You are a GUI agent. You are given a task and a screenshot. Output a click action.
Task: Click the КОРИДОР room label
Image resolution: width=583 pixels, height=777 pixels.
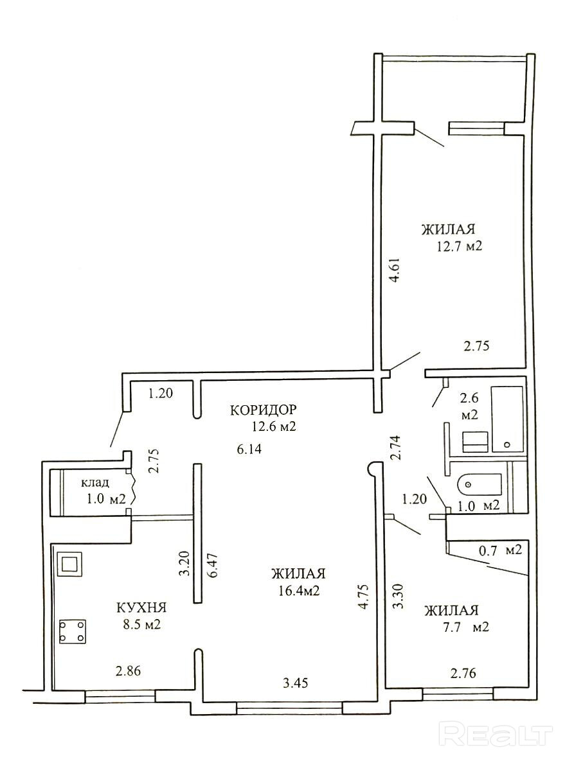pos(263,410)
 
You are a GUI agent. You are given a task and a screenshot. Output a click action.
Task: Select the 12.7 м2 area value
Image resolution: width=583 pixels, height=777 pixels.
pos(460,247)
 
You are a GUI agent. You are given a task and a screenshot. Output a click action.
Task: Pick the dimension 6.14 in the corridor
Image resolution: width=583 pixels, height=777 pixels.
pos(249,450)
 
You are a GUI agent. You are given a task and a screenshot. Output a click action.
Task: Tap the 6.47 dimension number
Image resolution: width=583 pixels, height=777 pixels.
pos(213,565)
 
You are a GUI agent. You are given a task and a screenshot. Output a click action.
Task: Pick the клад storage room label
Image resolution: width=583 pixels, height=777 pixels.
pos(95,483)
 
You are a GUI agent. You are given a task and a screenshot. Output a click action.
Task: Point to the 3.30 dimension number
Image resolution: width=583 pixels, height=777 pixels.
pos(399,596)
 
